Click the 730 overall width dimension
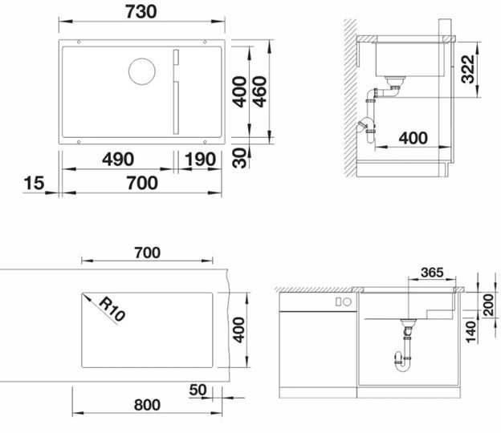tap(141, 10)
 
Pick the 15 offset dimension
tap(33, 183)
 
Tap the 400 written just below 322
tap(413, 137)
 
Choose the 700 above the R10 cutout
tap(147, 253)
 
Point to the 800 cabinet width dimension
tap(146, 405)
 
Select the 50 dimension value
tap(199, 391)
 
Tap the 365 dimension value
tap(432, 273)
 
